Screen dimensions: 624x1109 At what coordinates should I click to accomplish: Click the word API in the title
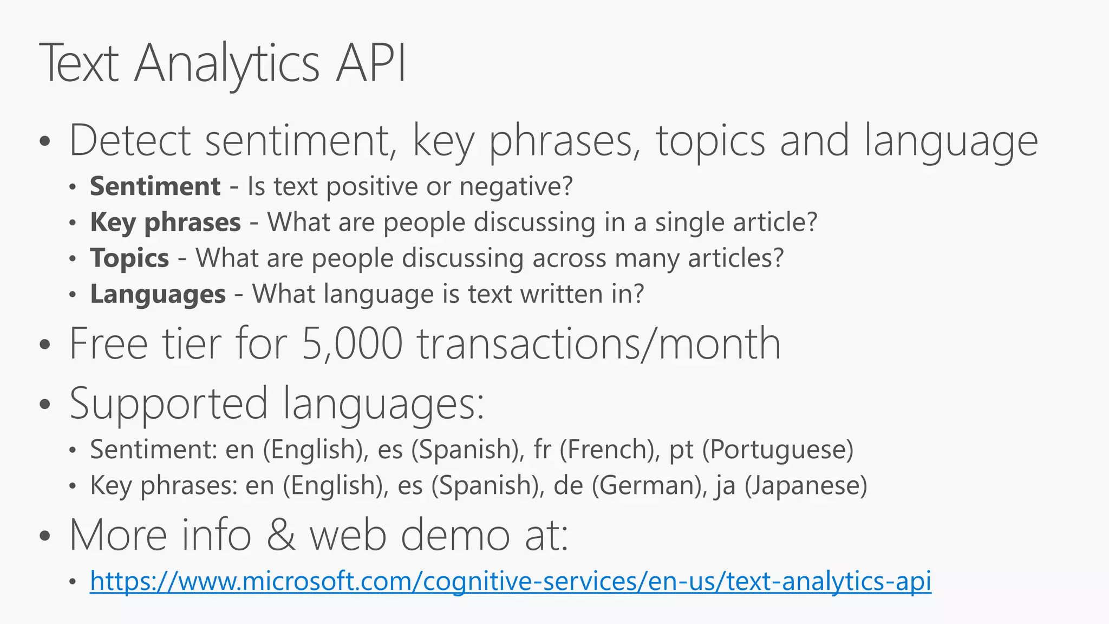pos(370,64)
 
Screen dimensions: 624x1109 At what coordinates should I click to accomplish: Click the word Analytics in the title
pos(227,64)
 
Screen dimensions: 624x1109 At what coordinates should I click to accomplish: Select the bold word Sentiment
pos(155,186)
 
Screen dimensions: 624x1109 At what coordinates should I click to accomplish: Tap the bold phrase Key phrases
pos(165,223)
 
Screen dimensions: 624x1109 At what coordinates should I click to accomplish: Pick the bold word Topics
pos(129,258)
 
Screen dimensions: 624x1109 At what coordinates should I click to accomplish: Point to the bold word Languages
pos(158,295)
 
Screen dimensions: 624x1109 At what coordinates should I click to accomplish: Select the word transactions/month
pos(598,343)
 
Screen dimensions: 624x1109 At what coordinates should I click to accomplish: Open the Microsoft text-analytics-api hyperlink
pos(510,581)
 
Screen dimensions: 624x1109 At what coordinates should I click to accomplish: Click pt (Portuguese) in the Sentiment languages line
pos(761,450)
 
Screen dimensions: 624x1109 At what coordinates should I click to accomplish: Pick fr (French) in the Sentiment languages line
pos(596,450)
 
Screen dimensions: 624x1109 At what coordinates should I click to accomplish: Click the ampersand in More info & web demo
pos(280,535)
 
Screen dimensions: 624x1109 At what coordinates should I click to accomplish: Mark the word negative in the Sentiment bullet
pos(515,186)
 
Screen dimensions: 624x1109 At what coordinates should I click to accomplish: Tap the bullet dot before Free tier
pos(45,344)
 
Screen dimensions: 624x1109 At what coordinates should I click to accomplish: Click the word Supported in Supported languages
pos(168,404)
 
